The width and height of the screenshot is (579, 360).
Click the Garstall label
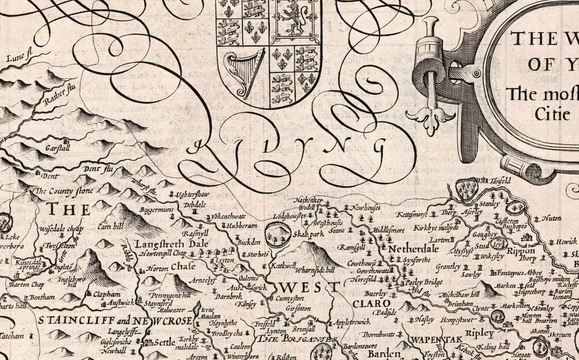60,145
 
